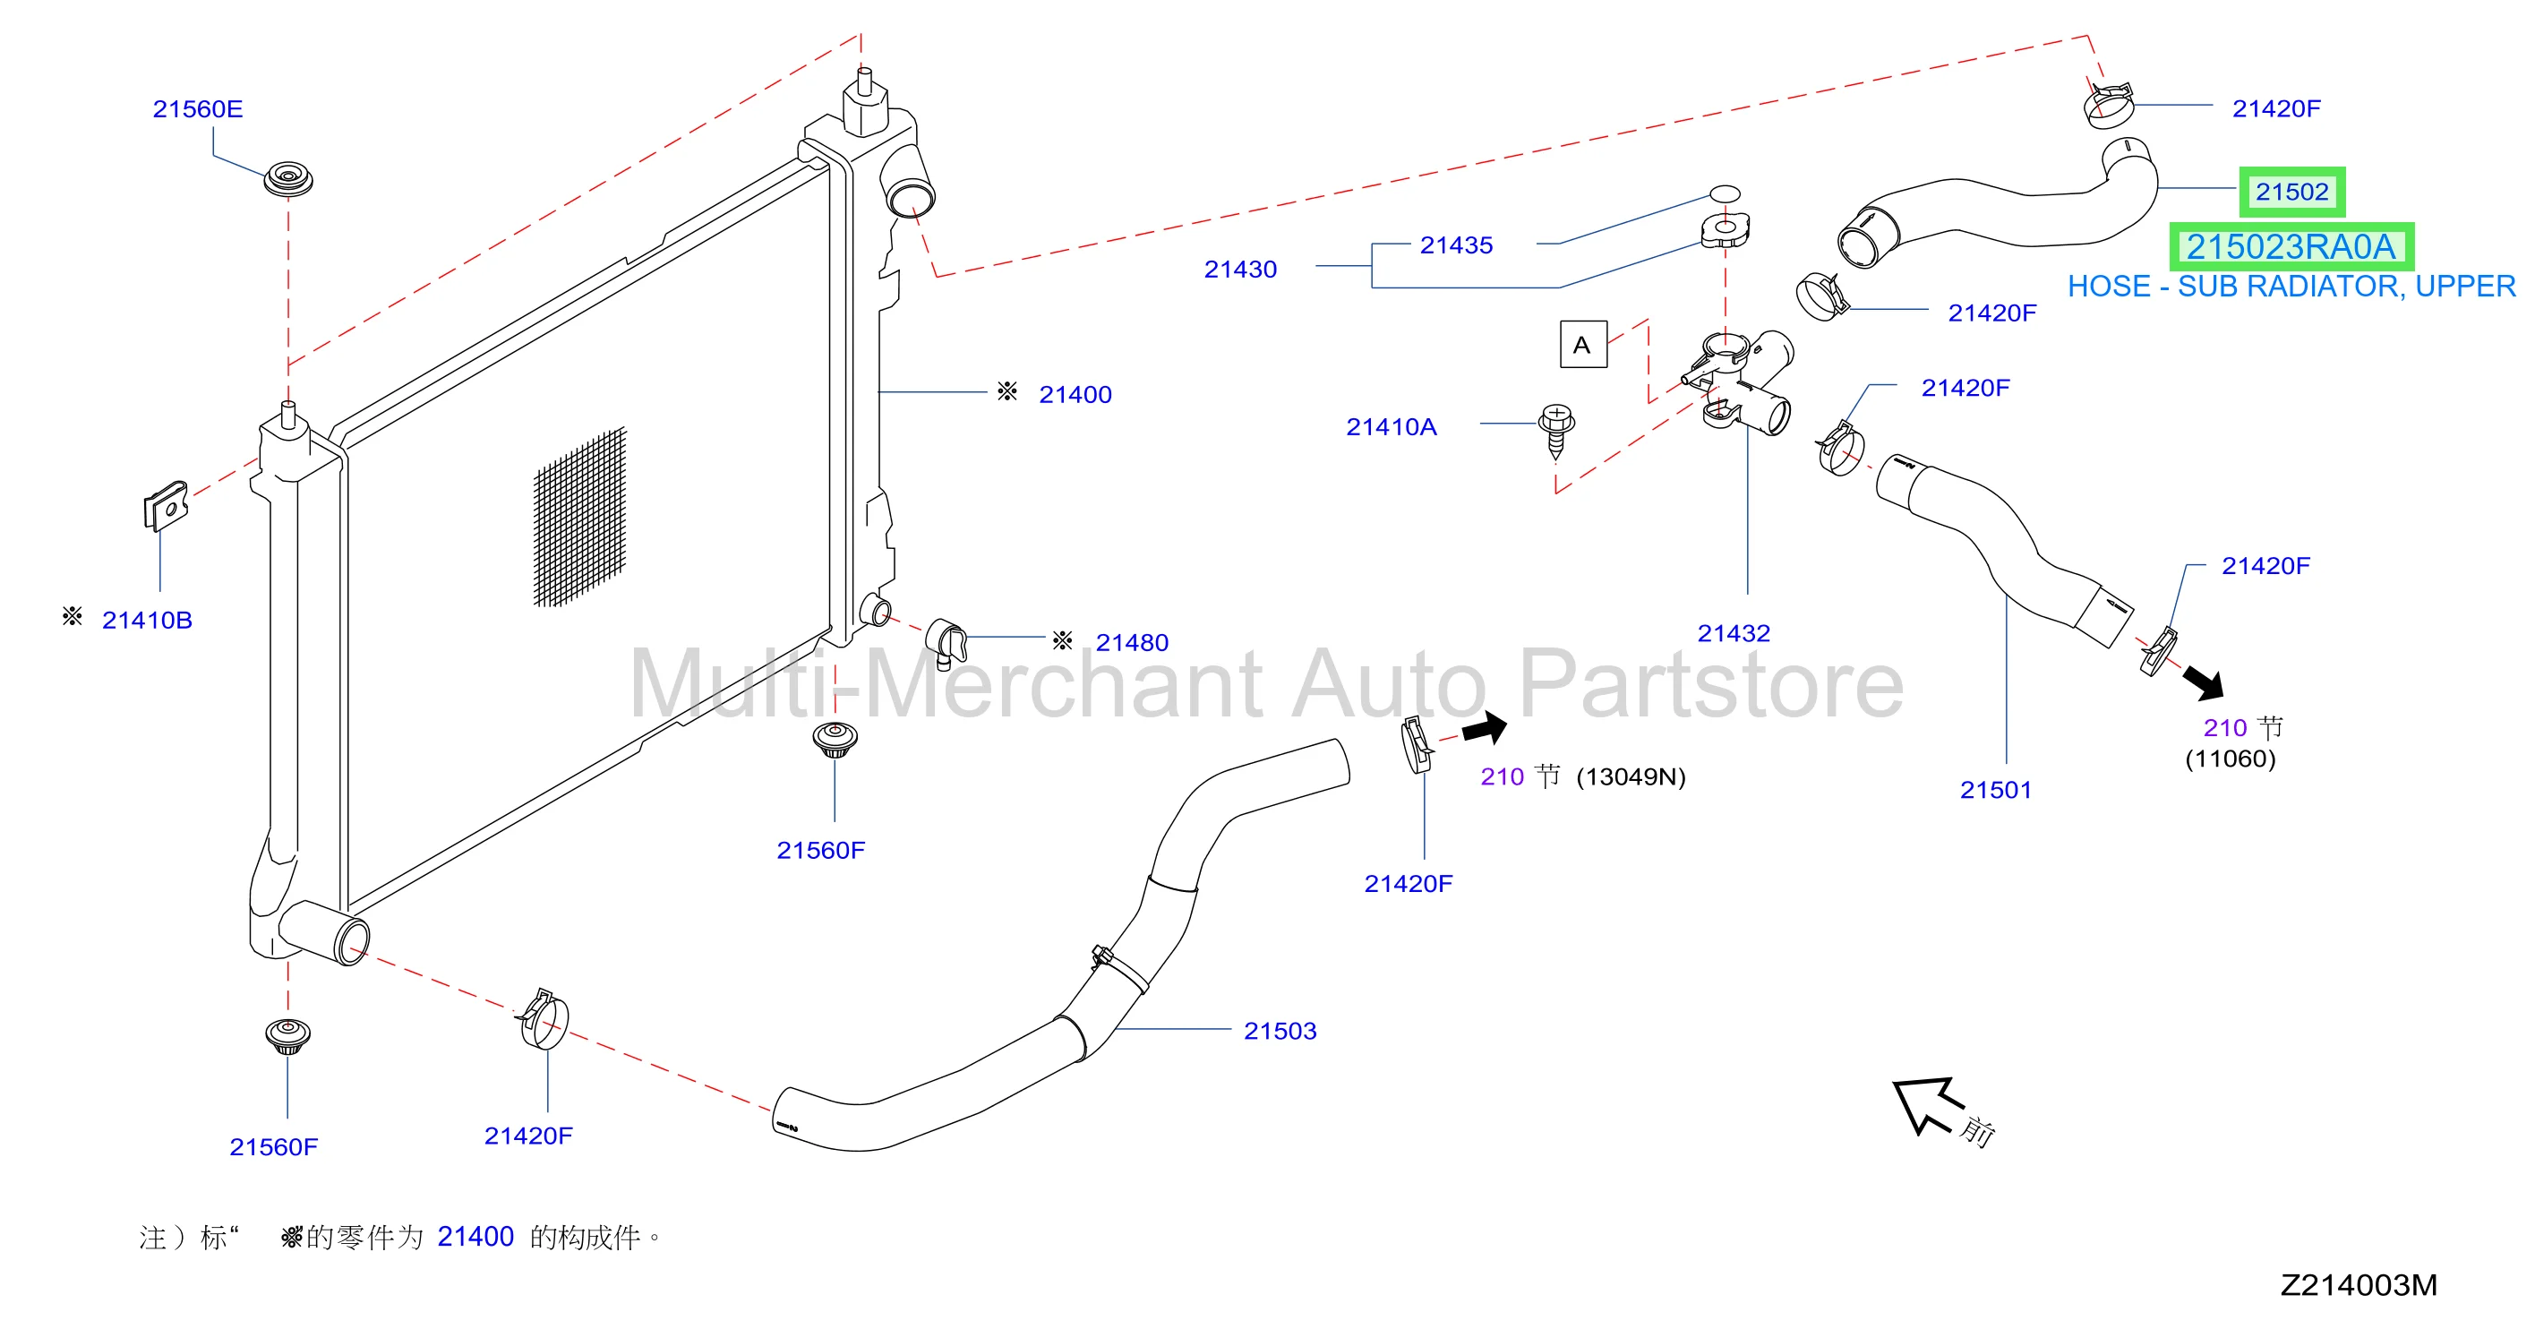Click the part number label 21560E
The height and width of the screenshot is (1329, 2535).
pyautogui.click(x=197, y=109)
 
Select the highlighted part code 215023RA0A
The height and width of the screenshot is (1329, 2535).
pyautogui.click(x=2291, y=247)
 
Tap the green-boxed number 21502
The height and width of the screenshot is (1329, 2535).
pyautogui.click(x=2292, y=192)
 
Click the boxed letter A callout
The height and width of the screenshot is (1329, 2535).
pyautogui.click(x=1583, y=345)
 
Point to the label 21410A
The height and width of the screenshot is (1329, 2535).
pyautogui.click(x=1391, y=427)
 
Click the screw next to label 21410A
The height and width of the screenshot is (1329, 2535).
pyautogui.click(x=1556, y=430)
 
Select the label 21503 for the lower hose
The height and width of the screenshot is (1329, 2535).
pyautogui.click(x=1280, y=1031)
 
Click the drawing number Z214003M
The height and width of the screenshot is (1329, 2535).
pyautogui.click(x=2358, y=1285)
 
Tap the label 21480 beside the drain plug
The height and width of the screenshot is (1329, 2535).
pyautogui.click(x=1132, y=643)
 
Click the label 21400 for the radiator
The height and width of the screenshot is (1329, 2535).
pyautogui.click(x=1075, y=395)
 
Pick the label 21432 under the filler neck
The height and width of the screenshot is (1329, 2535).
pyautogui.click(x=1733, y=633)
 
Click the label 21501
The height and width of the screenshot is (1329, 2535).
pyautogui.click(x=1996, y=790)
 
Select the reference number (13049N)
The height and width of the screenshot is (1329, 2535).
pyautogui.click(x=1631, y=776)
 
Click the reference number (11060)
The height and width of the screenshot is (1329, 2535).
pyautogui.click(x=2230, y=759)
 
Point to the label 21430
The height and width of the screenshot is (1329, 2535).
pyautogui.click(x=1240, y=270)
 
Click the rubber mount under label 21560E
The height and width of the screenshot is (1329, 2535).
pyautogui.click(x=287, y=179)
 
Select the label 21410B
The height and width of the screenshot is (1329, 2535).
pyautogui.click(x=147, y=621)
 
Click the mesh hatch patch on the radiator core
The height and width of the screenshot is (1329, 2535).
pyautogui.click(x=579, y=518)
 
